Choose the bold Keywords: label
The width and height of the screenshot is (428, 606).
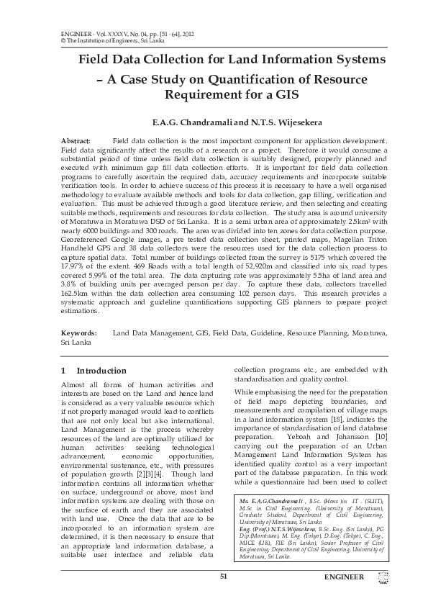tap(79, 334)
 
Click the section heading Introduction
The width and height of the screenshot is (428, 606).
tap(101, 371)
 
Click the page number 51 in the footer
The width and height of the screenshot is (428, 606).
tap(223, 576)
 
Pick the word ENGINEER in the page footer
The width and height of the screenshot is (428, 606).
tap(344, 577)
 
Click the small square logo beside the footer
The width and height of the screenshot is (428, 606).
tap(383, 576)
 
